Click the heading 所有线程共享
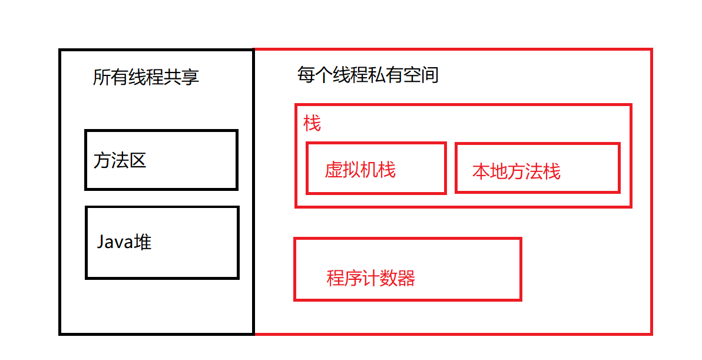[146, 77]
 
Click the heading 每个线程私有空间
[368, 75]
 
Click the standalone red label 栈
[312, 124]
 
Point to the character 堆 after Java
[143, 242]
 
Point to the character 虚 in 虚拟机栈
[334, 170]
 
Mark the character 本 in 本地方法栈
[481, 171]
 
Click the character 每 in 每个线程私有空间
[306, 75]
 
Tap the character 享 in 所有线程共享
[190, 77]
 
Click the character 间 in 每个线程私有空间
[430, 75]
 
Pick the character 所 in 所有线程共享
[102, 77]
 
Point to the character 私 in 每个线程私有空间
[377, 75]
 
